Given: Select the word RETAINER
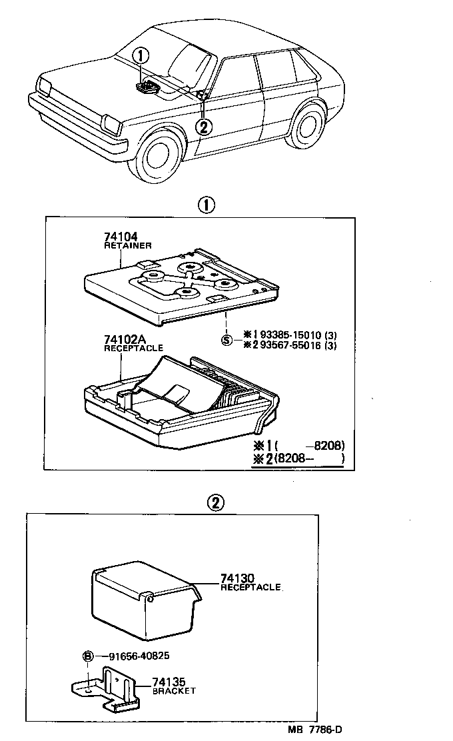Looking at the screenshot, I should click(128, 246).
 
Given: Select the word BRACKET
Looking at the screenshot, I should click(174, 691).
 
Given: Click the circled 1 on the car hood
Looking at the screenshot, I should click(144, 56).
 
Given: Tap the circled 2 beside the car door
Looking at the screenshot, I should click(205, 125).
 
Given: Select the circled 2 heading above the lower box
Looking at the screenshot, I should click(215, 502).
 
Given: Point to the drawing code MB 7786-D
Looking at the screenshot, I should click(314, 730).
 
